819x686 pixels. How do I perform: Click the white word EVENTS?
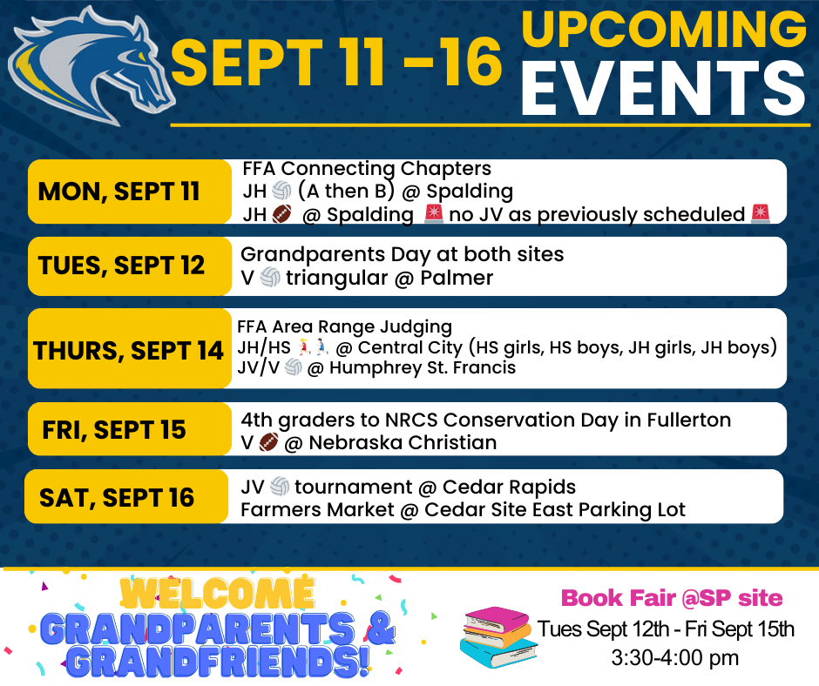click(663, 88)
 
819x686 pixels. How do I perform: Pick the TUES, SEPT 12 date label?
click(121, 266)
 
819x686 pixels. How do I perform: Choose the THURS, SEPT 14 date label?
click(128, 350)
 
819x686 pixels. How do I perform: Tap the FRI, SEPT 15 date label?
click(114, 430)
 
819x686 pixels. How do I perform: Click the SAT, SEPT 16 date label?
click(117, 498)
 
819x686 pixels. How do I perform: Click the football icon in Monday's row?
click(281, 214)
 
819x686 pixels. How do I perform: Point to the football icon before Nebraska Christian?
click(268, 443)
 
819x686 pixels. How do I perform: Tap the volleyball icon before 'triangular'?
click(270, 277)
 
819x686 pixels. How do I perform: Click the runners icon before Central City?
click(313, 347)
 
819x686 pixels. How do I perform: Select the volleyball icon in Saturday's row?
click(280, 488)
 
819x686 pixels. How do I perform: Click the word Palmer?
click(457, 278)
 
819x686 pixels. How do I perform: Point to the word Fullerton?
click(689, 420)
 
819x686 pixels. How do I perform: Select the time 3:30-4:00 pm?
click(675, 658)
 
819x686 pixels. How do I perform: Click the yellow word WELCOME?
click(217, 594)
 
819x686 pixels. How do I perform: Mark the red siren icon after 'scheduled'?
click(761, 214)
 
